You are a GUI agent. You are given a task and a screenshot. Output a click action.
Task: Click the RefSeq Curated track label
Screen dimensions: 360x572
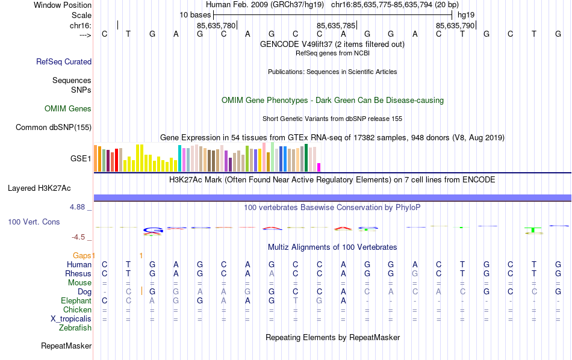tap(64, 61)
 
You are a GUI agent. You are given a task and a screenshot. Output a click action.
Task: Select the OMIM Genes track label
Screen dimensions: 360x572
tap(68, 108)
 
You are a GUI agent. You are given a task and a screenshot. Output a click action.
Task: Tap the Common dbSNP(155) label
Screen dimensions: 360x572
tap(54, 127)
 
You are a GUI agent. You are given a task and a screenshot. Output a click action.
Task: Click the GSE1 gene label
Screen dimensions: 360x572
tap(81, 159)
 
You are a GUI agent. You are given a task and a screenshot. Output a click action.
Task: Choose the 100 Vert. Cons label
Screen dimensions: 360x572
tap(34, 222)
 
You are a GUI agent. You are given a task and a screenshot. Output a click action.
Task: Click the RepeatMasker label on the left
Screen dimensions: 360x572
tap(66, 346)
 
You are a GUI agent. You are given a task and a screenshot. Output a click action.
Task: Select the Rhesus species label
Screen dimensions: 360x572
tap(78, 273)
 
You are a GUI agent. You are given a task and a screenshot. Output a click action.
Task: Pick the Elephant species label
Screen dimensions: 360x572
tap(76, 300)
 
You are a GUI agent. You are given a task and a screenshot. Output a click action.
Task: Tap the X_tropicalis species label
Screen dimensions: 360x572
tap(71, 318)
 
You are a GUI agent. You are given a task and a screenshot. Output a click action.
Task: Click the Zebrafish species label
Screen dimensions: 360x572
tap(75, 327)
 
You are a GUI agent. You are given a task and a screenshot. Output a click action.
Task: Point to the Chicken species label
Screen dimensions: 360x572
tap(77, 309)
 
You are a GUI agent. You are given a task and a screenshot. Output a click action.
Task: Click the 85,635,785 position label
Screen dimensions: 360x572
tap(336, 25)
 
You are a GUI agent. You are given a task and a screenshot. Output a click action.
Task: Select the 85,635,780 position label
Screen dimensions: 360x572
tap(216, 25)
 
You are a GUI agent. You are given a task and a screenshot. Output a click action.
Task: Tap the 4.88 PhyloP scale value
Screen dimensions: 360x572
tap(80, 207)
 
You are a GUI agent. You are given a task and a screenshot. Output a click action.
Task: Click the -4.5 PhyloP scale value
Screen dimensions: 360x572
tap(81, 237)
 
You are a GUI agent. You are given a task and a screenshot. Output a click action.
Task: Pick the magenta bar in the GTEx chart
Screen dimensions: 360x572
tap(319, 167)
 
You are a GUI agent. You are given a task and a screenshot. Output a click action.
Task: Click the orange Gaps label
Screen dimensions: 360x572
tap(84, 255)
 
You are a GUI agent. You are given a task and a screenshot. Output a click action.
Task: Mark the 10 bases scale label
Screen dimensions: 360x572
tap(194, 14)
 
